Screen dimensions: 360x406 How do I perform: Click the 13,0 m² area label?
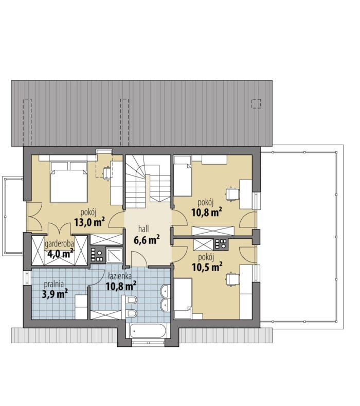[x=89, y=222]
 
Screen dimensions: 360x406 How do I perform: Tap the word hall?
[x=143, y=229]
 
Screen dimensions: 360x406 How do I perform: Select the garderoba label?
[x=60, y=244]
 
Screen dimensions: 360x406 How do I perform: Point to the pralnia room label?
[x=54, y=284]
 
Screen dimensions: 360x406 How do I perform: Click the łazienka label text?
[x=119, y=276]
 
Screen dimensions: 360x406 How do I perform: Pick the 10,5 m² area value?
[x=207, y=267]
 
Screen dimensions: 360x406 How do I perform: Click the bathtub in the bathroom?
[x=148, y=331]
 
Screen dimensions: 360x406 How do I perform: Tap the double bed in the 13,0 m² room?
[x=68, y=182]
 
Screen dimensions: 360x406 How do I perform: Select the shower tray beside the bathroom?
[x=113, y=255]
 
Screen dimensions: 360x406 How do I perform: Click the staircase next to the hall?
[x=148, y=181]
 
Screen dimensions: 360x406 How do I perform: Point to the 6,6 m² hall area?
[x=147, y=240]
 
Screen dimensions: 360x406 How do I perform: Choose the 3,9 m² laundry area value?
[x=55, y=294]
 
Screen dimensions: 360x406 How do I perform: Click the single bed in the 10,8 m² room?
[x=182, y=176]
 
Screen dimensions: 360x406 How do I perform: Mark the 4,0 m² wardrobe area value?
[x=60, y=254]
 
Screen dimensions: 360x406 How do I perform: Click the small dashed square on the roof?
[x=256, y=103]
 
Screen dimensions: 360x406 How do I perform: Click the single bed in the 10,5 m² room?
[x=183, y=298]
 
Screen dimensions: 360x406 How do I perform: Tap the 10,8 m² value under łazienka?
[x=121, y=286]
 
